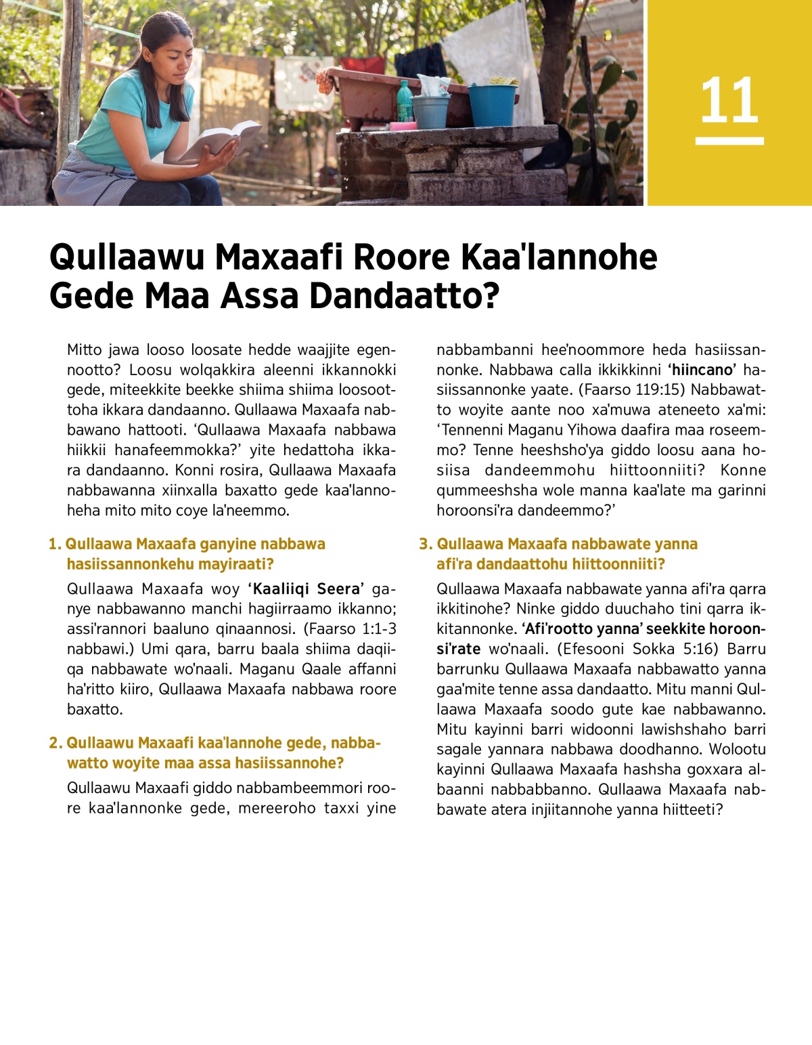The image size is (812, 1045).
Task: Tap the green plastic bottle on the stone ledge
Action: tap(404, 102)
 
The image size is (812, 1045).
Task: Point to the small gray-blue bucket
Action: tap(430, 111)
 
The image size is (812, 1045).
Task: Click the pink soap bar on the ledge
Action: tap(403, 126)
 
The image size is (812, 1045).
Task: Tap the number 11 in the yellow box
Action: tap(729, 101)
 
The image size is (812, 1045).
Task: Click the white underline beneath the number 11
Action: tap(729, 141)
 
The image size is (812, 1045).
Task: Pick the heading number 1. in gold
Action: tap(55, 544)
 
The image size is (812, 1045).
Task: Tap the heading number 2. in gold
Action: tap(55, 743)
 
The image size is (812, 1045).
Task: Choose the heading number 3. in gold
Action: tap(425, 544)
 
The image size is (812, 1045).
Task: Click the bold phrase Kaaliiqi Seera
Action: tap(307, 589)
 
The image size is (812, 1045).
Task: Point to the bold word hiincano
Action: tap(702, 370)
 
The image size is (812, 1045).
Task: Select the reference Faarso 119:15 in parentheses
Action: tap(631, 389)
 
